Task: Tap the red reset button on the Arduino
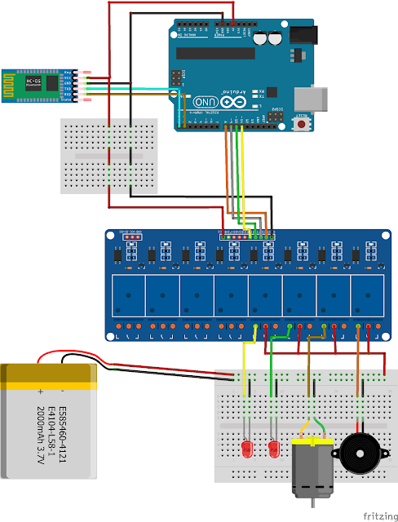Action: pyautogui.click(x=303, y=117)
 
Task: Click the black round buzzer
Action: pyautogui.click(x=359, y=449)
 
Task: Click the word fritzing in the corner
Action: pyautogui.click(x=375, y=515)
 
